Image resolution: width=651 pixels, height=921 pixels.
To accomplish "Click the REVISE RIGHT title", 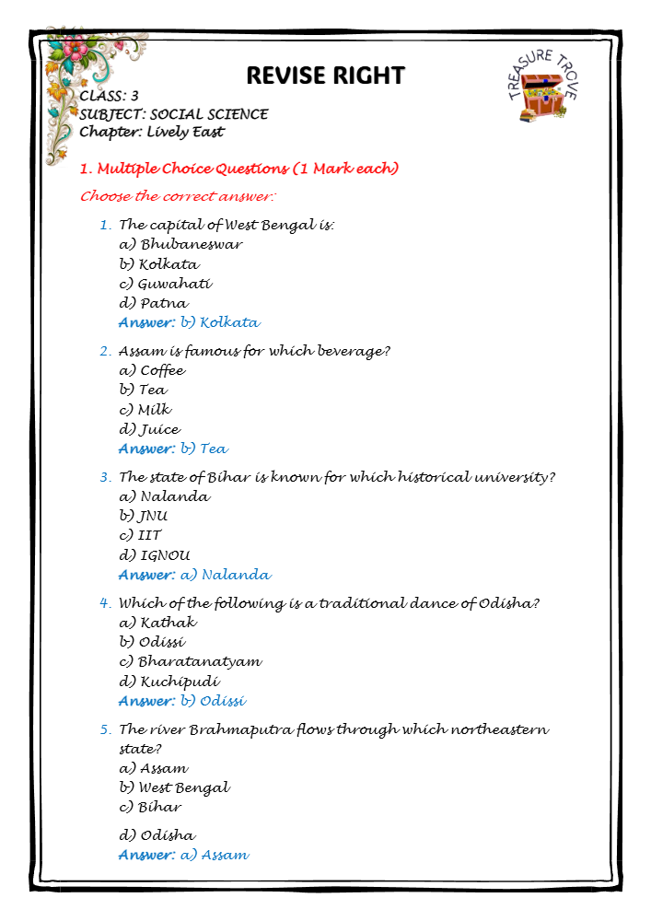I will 325,75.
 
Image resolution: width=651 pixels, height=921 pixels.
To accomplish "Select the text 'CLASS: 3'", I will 109,96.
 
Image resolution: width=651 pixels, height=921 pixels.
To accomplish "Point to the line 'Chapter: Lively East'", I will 151,132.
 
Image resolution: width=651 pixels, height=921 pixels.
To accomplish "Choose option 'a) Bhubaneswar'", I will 180,245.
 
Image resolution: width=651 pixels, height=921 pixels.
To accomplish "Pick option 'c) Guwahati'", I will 166,284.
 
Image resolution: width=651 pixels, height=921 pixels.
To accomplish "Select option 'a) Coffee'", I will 152,370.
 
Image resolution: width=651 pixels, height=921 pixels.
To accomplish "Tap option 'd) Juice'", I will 149,429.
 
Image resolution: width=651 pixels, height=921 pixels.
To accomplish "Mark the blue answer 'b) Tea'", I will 203,449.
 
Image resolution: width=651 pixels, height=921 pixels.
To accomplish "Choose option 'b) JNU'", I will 144,516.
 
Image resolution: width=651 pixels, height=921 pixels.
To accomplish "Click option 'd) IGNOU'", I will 155,555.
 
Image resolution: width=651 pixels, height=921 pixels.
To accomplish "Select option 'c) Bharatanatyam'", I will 190,661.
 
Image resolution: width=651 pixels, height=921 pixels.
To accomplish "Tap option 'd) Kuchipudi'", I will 169,682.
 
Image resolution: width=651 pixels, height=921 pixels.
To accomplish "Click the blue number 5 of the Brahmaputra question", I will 105,729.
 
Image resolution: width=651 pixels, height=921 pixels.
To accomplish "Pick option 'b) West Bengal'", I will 174,787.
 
